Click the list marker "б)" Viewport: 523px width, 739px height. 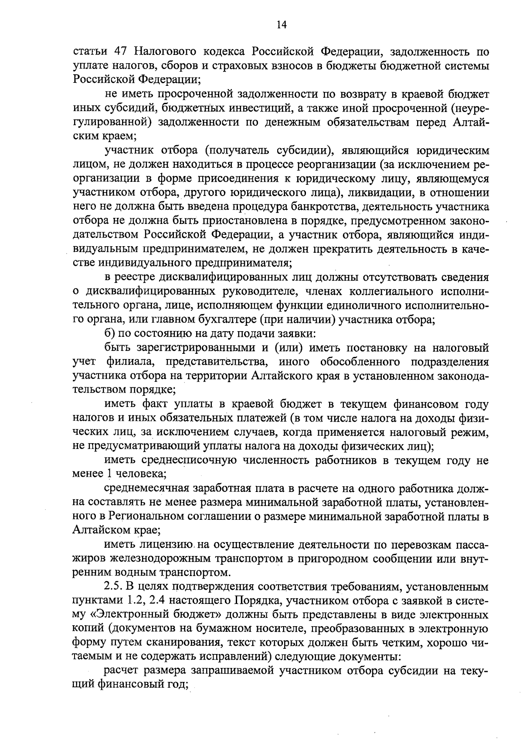pyautogui.click(x=112, y=334)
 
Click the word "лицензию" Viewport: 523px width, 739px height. pyautogui.click(x=167, y=545)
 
